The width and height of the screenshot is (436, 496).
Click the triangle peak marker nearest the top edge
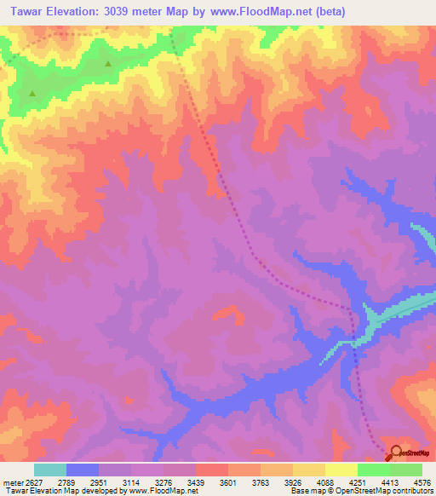108,64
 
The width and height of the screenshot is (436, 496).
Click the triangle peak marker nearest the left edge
32,93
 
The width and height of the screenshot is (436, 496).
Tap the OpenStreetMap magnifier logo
395,453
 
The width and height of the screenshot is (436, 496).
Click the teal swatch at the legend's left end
50,470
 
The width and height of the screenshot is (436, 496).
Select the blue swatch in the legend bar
83,470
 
